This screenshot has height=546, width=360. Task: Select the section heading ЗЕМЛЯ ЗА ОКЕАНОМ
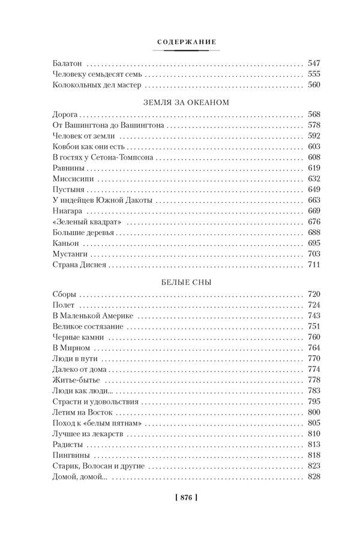(x=186, y=101)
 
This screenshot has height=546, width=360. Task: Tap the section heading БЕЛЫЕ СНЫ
(x=186, y=281)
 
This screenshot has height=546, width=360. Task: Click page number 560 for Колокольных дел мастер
(x=314, y=85)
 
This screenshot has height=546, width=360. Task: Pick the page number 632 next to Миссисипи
(x=314, y=178)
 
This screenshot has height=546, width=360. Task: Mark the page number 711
(x=314, y=265)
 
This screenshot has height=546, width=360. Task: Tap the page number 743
(x=314, y=315)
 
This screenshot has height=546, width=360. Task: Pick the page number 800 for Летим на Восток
(x=314, y=412)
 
